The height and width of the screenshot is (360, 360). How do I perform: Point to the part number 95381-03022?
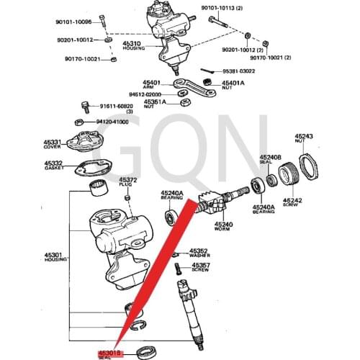tap(238, 71)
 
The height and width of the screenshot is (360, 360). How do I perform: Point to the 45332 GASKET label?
tap(55, 164)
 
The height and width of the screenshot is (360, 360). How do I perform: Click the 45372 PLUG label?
tap(127, 181)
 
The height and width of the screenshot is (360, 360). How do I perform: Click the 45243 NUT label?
tap(304, 138)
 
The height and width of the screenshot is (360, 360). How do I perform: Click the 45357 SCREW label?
tap(201, 266)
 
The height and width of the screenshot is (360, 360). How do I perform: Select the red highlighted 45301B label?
tap(111, 354)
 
